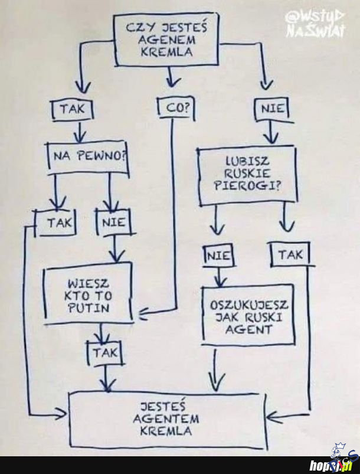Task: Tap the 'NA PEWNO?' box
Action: click(89, 158)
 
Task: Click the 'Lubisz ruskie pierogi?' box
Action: click(247, 175)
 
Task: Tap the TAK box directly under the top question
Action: click(73, 110)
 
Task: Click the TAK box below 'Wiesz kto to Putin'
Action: click(105, 353)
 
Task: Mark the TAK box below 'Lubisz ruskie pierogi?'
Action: click(290, 254)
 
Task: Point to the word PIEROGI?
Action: click(247, 187)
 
